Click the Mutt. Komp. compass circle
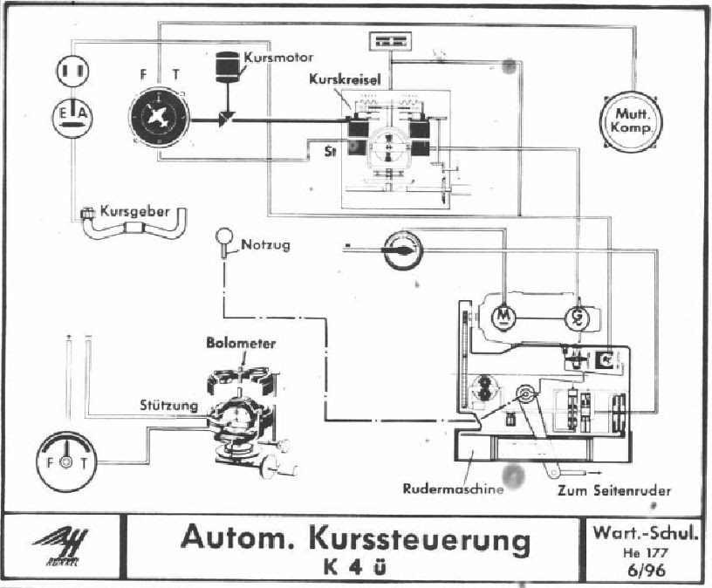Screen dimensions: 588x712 [x=632, y=120]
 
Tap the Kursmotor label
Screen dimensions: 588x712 [x=278, y=58]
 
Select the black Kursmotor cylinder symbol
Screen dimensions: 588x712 [x=229, y=66]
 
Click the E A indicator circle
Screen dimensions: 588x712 [x=71, y=117]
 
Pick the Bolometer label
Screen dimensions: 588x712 [x=240, y=344]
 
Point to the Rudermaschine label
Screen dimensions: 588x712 [x=454, y=489]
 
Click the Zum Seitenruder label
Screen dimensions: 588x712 [x=615, y=491]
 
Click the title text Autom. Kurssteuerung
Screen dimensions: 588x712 [x=355, y=538]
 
